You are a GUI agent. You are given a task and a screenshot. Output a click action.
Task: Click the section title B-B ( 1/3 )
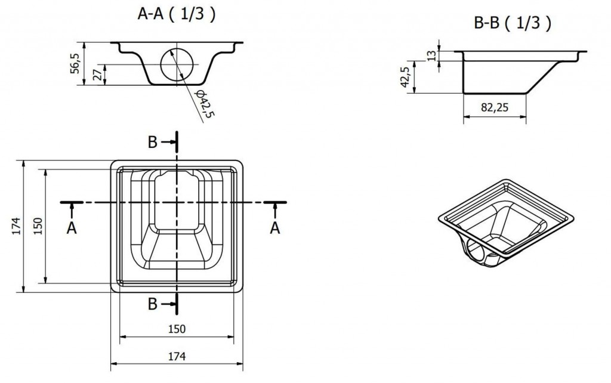click(x=512, y=23)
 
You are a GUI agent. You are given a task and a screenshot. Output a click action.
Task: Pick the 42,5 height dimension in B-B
click(x=406, y=77)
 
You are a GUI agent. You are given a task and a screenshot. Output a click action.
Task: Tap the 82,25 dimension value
click(x=494, y=108)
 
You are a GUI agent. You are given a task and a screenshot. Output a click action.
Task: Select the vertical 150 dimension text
click(x=37, y=226)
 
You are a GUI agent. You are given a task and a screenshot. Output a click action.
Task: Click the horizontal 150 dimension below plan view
click(x=177, y=328)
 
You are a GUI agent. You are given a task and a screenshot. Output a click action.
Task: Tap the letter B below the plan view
click(x=153, y=304)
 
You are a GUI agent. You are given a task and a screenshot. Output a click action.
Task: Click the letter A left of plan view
click(x=71, y=228)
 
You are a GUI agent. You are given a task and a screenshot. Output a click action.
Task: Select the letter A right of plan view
click(x=275, y=228)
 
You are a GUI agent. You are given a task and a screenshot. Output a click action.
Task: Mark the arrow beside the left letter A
click(x=71, y=209)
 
